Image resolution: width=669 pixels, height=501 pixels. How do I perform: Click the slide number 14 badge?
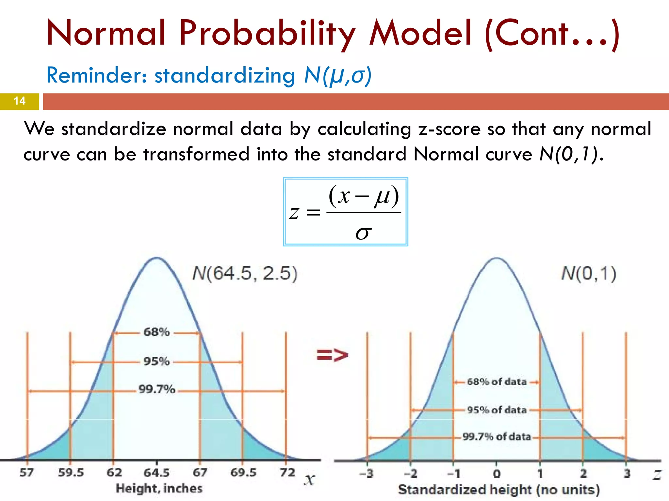(x=19, y=101)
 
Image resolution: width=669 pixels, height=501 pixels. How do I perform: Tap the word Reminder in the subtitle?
(x=96, y=75)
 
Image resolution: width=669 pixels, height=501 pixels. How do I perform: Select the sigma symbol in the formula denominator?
(x=364, y=232)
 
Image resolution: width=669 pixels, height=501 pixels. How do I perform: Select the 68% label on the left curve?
(x=157, y=332)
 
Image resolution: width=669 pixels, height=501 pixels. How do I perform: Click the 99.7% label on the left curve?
(x=157, y=389)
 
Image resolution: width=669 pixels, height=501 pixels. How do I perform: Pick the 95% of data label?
(x=497, y=410)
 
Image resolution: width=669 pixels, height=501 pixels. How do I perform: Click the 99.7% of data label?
(x=497, y=437)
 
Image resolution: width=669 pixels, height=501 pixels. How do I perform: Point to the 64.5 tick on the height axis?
(x=157, y=473)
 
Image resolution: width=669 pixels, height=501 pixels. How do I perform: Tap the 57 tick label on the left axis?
(x=26, y=473)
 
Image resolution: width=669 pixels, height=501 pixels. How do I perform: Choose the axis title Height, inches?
(x=159, y=489)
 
